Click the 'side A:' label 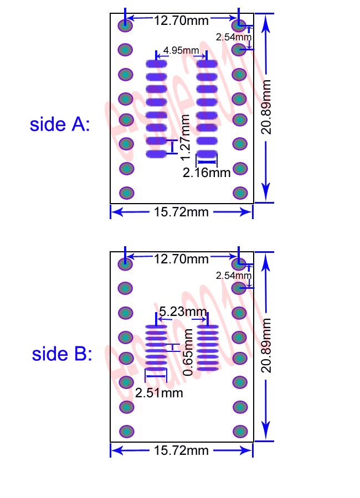pos(59,124)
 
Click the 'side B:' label pos(61,354)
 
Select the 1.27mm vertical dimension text pos(186,136)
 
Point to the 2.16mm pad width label pos(207,173)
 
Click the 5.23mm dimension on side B pos(182,312)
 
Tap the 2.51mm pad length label pos(159,393)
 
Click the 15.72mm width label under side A pos(182,212)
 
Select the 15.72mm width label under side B pos(182,450)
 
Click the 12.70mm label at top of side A pos(182,21)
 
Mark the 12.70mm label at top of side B pos(182,259)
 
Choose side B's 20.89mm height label pos(266,345)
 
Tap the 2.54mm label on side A pos(233,37)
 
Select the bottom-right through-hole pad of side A pos(240,193)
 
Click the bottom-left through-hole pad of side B pos(126,431)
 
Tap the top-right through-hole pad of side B pos(239,264)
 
